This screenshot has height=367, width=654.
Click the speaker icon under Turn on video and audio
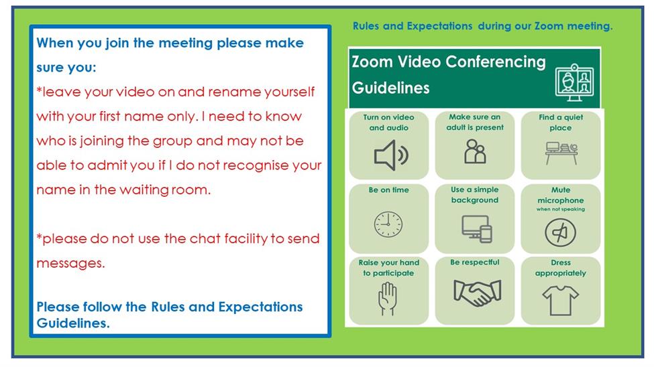(x=391, y=155)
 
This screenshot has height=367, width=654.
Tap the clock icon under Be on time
(x=388, y=224)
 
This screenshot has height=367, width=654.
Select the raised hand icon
(x=388, y=299)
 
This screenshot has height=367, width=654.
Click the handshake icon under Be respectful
(x=477, y=293)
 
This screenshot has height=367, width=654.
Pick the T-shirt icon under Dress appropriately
(x=561, y=300)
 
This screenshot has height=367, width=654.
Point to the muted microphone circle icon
(x=561, y=232)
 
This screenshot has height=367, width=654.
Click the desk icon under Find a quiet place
(x=561, y=153)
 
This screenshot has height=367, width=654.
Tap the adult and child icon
(x=475, y=151)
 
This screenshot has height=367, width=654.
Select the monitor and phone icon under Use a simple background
(x=477, y=228)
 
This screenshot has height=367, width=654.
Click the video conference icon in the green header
(x=575, y=82)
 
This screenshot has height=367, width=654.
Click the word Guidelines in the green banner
(x=391, y=88)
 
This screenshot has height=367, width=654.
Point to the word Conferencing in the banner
(x=496, y=62)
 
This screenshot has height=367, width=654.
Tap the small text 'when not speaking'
(x=561, y=209)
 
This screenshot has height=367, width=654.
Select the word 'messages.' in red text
(x=70, y=263)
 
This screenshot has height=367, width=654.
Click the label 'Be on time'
(x=389, y=190)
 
